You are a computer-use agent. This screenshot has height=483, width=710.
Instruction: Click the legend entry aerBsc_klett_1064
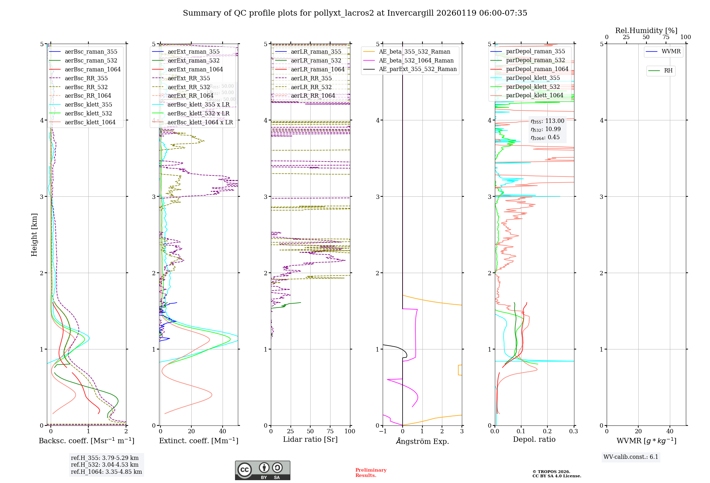pyautogui.click(x=90, y=123)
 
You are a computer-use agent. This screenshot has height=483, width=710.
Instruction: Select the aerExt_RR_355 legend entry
pyautogui.click(x=189, y=78)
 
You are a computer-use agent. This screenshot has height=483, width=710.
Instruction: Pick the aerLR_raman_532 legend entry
pyautogui.click(x=316, y=61)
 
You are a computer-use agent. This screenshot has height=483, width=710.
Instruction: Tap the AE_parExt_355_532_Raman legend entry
pyautogui.click(x=417, y=69)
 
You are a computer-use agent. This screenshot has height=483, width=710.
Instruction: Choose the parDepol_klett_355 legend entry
pyautogui.click(x=532, y=78)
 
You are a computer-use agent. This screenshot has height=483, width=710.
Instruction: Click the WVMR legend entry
pyautogui.click(x=671, y=51)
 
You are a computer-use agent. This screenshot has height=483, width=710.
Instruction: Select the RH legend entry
pyautogui.click(x=668, y=71)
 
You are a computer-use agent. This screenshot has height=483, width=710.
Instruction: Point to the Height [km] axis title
pyautogui.click(x=34, y=234)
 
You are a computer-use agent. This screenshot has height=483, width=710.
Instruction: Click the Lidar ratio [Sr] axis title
pyautogui.click(x=310, y=439)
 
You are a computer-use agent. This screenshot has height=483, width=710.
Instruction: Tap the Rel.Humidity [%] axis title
pyautogui.click(x=646, y=31)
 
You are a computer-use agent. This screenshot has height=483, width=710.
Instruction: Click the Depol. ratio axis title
pyautogui.click(x=534, y=439)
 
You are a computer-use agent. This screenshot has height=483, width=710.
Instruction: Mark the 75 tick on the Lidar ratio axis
pyautogui.click(x=330, y=432)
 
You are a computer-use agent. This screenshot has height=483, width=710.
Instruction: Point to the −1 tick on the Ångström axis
pyautogui.click(x=383, y=432)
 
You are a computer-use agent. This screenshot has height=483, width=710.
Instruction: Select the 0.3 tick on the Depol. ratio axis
pyautogui.click(x=573, y=432)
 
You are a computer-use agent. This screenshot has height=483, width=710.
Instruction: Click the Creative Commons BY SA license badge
pyautogui.click(x=262, y=470)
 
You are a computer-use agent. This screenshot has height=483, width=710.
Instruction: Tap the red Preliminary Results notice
pyautogui.click(x=371, y=473)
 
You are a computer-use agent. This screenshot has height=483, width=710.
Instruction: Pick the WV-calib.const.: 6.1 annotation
pyautogui.click(x=631, y=457)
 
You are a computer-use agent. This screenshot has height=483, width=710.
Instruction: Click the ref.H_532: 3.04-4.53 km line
pyautogui.click(x=105, y=465)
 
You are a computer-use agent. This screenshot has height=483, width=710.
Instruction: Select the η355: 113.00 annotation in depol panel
pyautogui.click(x=547, y=121)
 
